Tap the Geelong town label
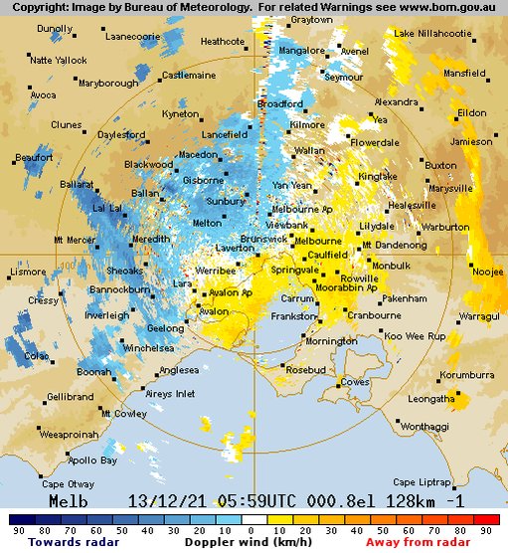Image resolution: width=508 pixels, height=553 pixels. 138,328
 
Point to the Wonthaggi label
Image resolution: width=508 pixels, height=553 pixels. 424,426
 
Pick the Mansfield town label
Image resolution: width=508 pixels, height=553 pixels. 464,74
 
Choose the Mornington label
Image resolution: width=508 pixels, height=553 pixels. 331,341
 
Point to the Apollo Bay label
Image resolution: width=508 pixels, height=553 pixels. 92,461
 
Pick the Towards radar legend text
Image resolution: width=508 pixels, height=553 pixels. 69,543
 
